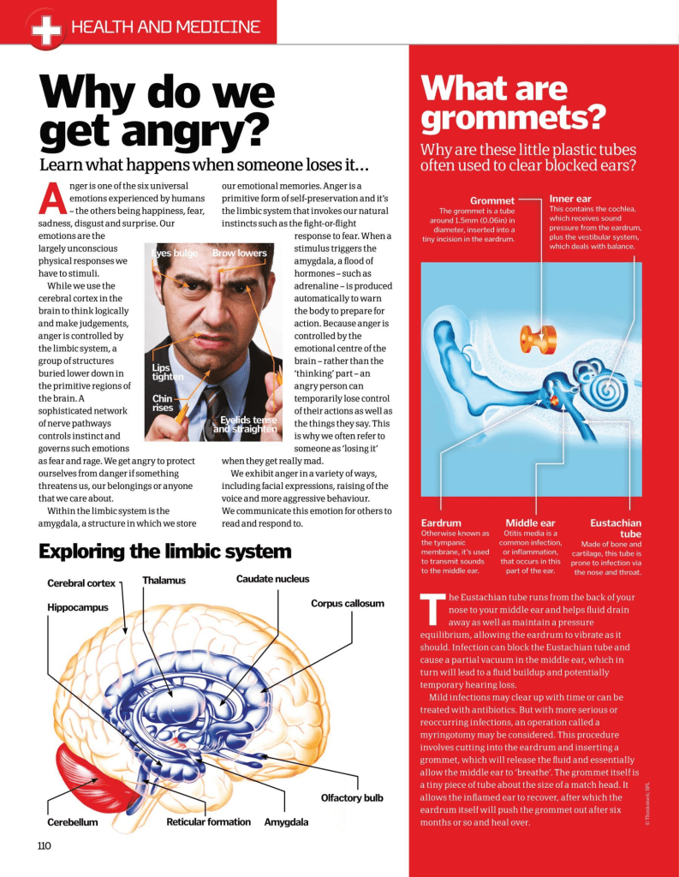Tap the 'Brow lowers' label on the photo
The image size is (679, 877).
[x=239, y=254]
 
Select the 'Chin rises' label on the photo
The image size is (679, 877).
[x=163, y=403]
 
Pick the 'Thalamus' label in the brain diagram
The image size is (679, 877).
[x=164, y=581]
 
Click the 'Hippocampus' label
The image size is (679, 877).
[x=77, y=607]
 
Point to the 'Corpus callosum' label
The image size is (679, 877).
[x=347, y=603]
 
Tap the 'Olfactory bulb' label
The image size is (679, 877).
[x=352, y=798]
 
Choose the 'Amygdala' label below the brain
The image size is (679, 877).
[x=286, y=822]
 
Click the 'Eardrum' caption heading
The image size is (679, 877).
[x=441, y=522]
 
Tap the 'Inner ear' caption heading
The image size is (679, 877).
[x=570, y=199]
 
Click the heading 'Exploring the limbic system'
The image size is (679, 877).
[x=164, y=552]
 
